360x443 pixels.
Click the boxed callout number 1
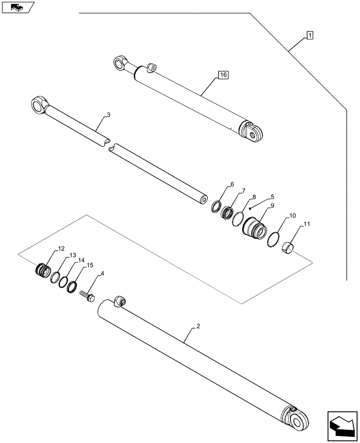point(309,35)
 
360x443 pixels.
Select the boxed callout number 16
point(223,75)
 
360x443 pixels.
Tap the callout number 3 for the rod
point(109,115)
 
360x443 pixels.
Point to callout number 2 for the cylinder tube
point(198,327)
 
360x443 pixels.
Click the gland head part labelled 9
point(254,226)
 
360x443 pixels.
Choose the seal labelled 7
point(227,211)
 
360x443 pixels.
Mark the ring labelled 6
point(216,206)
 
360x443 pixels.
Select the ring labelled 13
point(56,277)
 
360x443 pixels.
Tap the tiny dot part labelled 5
point(250,208)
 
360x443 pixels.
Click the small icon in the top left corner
point(17,7)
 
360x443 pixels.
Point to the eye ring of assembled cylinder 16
point(120,63)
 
